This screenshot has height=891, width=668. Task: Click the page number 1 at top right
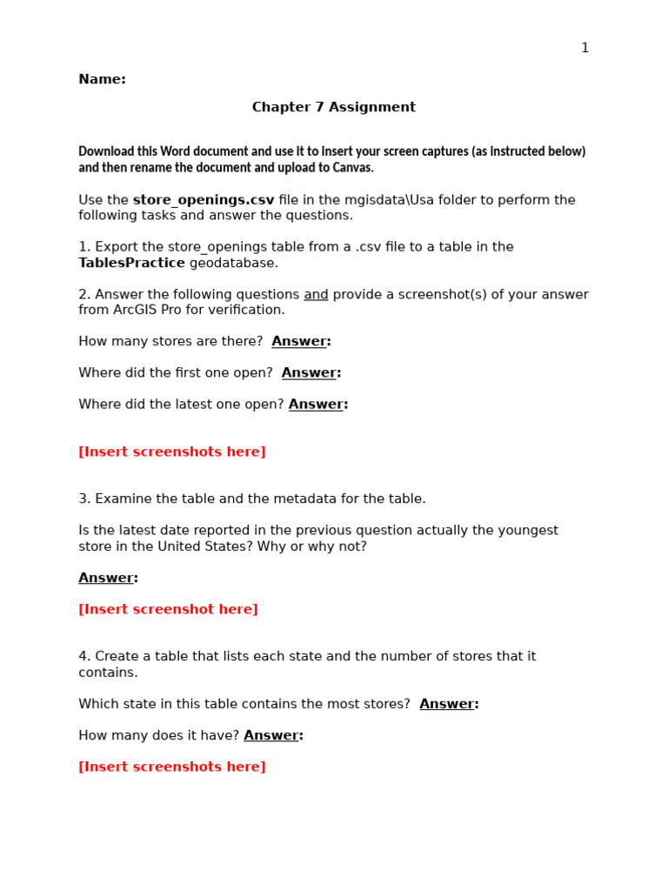584,48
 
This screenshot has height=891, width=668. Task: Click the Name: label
102,79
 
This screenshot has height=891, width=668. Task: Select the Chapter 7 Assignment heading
333,107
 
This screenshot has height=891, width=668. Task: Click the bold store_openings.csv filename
204,200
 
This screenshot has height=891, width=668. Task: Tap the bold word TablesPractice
131,263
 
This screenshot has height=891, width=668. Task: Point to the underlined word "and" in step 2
316,295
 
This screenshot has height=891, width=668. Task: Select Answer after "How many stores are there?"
300,342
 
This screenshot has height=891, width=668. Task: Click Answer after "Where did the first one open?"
310,373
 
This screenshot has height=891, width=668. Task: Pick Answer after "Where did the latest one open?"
317,405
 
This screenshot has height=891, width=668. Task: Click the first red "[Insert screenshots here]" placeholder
172,452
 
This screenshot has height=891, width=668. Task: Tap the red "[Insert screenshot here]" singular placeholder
168,609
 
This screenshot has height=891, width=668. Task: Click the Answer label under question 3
107,578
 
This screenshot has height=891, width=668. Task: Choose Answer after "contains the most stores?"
448,704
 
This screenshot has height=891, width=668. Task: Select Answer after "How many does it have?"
272,735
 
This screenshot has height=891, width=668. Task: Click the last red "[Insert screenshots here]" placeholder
172,767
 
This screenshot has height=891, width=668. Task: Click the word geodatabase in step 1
234,263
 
